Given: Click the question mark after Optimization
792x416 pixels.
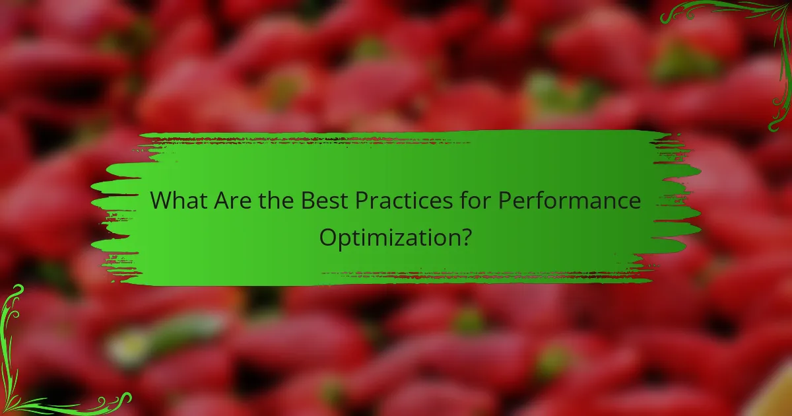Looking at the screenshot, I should click(465, 236).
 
